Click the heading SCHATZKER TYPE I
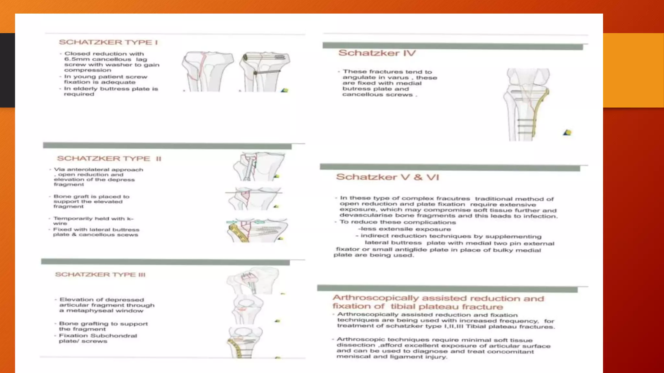(108, 42)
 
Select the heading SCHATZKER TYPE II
(109, 158)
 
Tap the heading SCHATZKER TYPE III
(100, 275)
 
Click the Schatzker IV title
(377, 53)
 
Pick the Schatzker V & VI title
(387, 177)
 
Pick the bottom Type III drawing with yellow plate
(245, 343)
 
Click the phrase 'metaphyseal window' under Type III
(105, 311)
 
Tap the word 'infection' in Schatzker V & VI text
(543, 216)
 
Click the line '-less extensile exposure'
(404, 229)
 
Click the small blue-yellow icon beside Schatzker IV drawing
(567, 132)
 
